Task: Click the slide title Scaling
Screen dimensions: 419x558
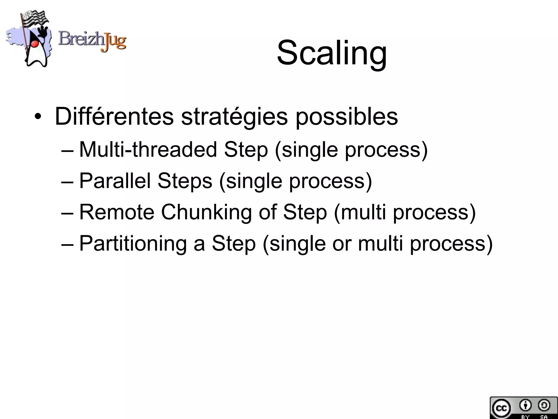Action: click(332, 53)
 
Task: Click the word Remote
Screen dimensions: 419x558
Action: click(117, 212)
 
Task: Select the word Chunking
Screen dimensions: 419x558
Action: click(206, 213)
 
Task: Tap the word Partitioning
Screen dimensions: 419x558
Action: click(133, 244)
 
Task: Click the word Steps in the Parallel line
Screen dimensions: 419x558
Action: click(185, 181)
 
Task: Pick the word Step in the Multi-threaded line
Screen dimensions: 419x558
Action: click(246, 150)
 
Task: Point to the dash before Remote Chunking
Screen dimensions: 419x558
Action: click(67, 213)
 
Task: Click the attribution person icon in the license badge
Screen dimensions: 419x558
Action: click(525, 405)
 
